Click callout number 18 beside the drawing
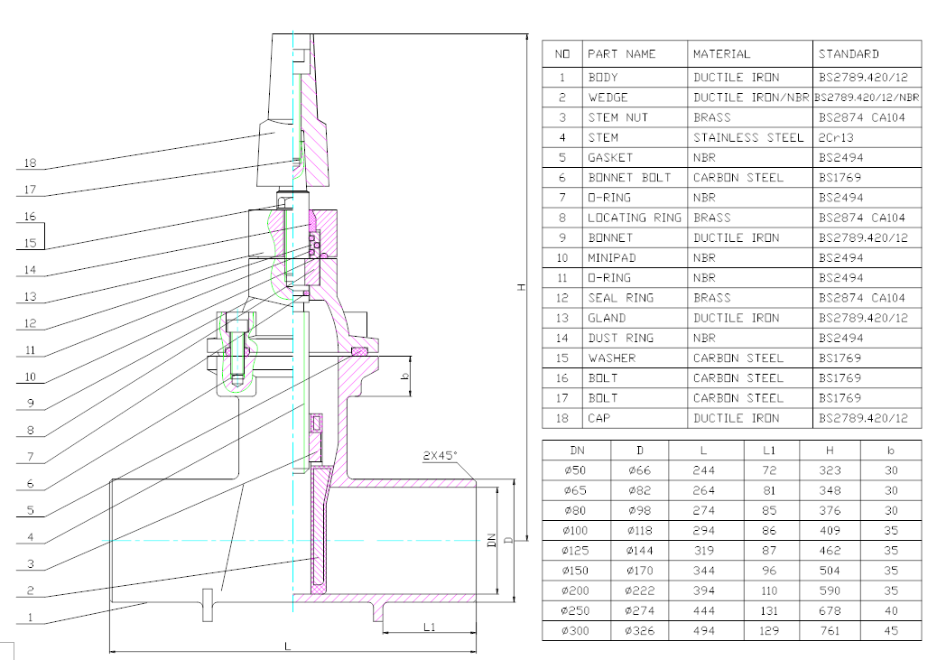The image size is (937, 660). click(31, 163)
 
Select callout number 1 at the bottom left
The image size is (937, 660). click(31, 618)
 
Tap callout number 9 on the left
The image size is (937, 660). click(31, 404)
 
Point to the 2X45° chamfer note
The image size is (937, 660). click(440, 456)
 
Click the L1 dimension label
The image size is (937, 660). click(430, 627)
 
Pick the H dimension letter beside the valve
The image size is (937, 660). click(521, 287)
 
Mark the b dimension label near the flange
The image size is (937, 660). click(404, 376)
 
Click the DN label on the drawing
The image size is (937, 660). click(492, 541)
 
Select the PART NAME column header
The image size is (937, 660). click(621, 54)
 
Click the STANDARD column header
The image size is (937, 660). click(849, 54)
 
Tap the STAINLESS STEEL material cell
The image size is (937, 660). click(748, 137)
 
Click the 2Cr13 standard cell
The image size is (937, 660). click(835, 137)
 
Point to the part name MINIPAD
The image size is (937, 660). click(612, 257)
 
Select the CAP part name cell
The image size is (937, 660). click(599, 418)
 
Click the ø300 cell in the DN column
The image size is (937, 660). click(575, 630)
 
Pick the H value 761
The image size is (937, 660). click(830, 630)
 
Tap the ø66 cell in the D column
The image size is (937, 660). click(639, 470)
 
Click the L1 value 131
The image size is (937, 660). click(769, 610)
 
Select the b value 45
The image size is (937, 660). click(891, 630)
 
